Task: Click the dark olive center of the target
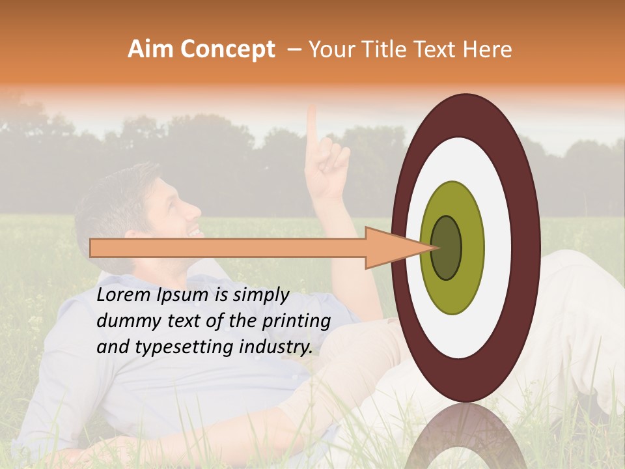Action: pos(446,248)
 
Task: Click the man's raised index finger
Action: pos(312,124)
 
